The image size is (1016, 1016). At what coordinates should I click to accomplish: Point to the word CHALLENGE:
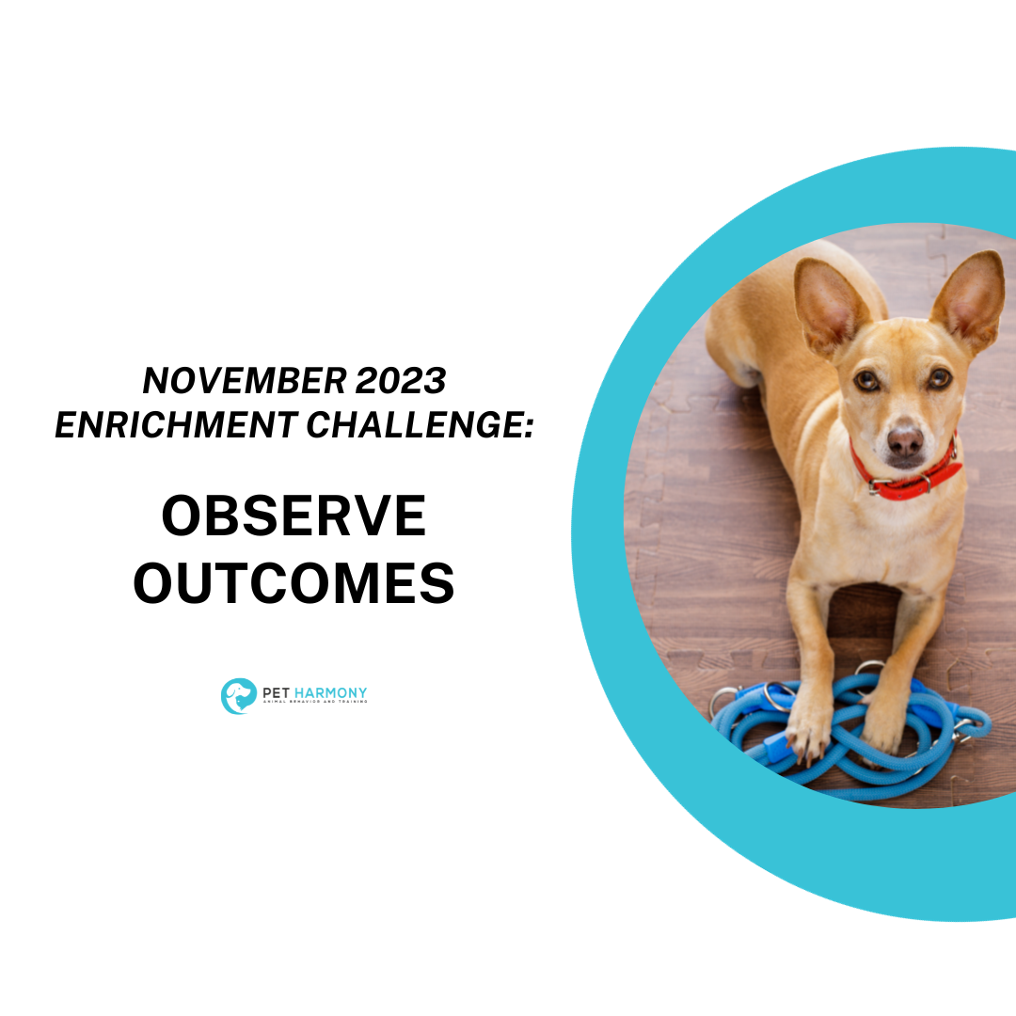[x=421, y=424]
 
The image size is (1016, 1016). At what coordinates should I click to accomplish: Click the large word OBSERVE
[x=294, y=516]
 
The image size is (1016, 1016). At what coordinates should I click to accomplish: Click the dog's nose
[x=905, y=439]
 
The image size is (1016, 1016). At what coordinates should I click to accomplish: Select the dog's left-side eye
[x=866, y=380]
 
